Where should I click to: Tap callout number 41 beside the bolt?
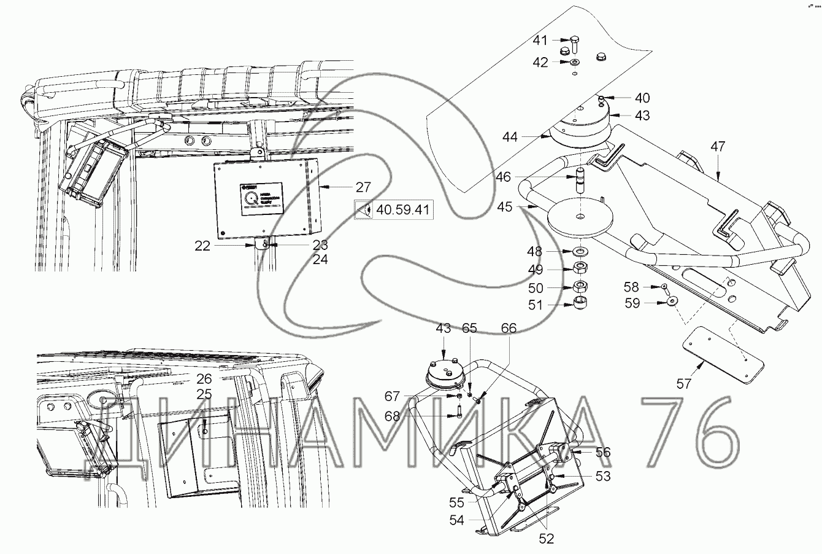pyautogui.click(x=540, y=41)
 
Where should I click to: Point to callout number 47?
pyautogui.click(x=718, y=146)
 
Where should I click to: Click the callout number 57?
pyautogui.click(x=684, y=384)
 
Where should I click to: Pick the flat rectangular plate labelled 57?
pyautogui.click(x=723, y=354)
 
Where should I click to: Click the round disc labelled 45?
pyautogui.click(x=580, y=219)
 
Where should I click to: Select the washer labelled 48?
pyautogui.click(x=580, y=252)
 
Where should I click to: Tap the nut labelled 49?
pyautogui.click(x=580, y=269)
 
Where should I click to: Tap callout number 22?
pyautogui.click(x=203, y=246)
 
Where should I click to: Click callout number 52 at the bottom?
pyautogui.click(x=546, y=539)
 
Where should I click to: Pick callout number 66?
pyautogui.click(x=509, y=328)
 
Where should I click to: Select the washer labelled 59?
pyautogui.click(x=674, y=301)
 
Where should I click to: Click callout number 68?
pyautogui.click(x=393, y=416)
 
